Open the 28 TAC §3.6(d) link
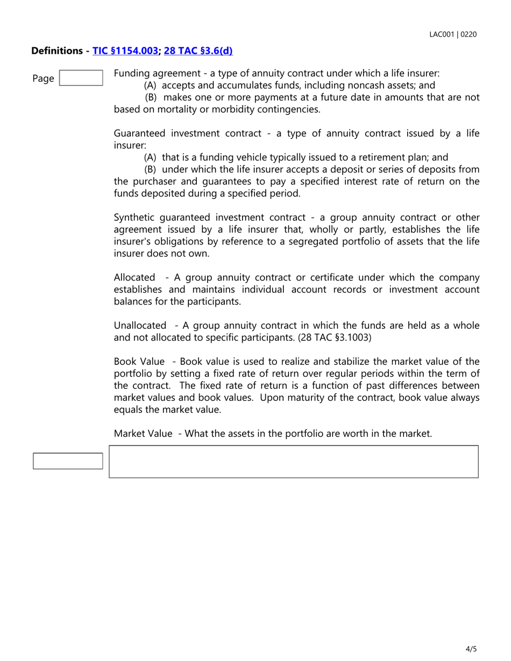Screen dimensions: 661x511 [x=198, y=51]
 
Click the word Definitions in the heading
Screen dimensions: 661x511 [x=58, y=51]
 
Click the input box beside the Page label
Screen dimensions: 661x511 [x=81, y=78]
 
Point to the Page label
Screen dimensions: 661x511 [x=43, y=78]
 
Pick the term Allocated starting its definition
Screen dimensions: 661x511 [x=134, y=277]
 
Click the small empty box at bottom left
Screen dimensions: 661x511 [x=68, y=461]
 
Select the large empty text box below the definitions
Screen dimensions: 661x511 [x=294, y=461]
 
